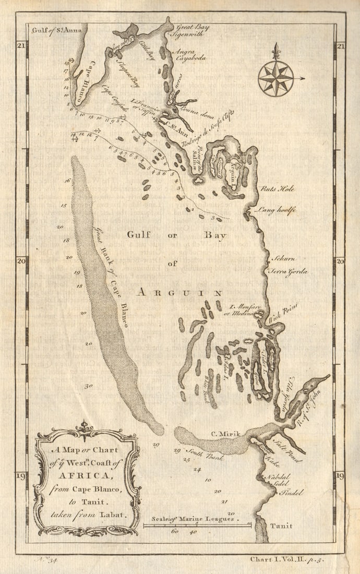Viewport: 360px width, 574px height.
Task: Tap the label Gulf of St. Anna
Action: pyautogui.click(x=57, y=30)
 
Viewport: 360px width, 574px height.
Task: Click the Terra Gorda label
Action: pyautogui.click(x=287, y=272)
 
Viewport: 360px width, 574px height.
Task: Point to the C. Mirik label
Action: pyautogui.click(x=222, y=433)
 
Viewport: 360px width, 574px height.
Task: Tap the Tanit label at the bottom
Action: pyautogui.click(x=281, y=526)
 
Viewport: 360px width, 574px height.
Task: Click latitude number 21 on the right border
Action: pyautogui.click(x=340, y=47)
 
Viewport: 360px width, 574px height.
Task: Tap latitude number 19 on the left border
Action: pyautogui.click(x=21, y=476)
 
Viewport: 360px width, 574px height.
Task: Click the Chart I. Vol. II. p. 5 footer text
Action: pyautogui.click(x=294, y=559)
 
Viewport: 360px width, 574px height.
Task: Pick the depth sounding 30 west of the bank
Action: pyautogui.click(x=89, y=387)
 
